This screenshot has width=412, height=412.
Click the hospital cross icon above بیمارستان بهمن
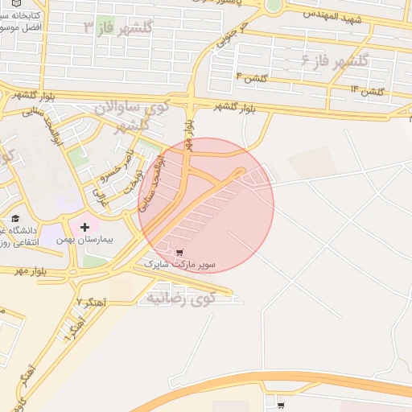coord(84,228)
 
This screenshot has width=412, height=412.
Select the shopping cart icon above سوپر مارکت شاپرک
coord(179,252)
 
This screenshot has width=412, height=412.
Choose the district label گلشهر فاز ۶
coord(334,61)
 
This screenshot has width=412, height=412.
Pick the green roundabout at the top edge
coord(274,4)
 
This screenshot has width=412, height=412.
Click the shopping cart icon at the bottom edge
coord(280,405)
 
